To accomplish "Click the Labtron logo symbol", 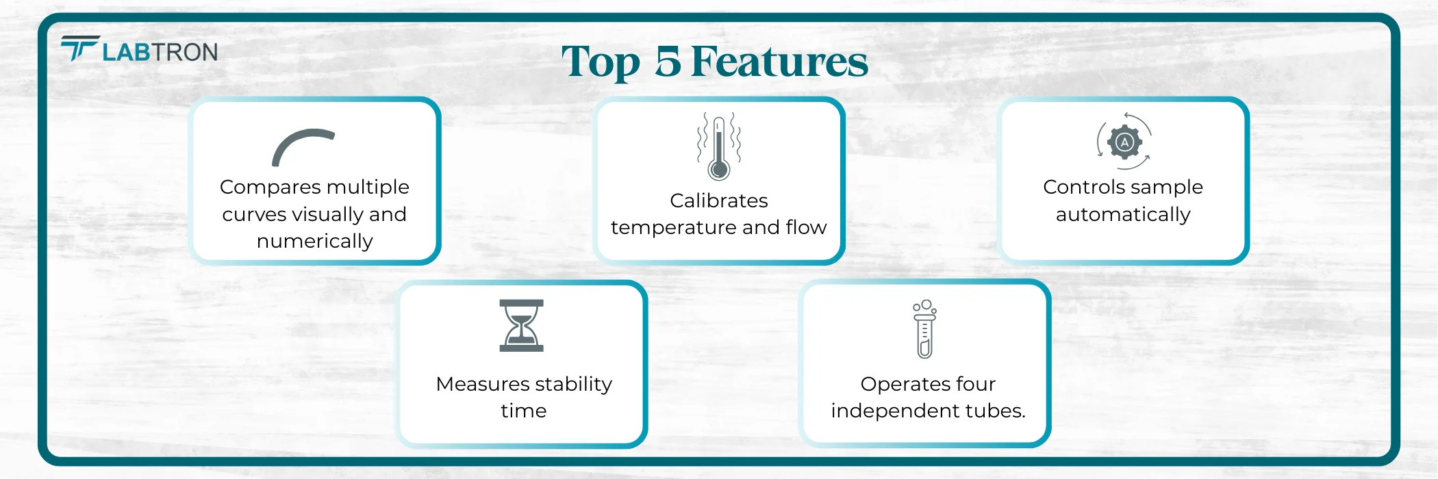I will point(80,48).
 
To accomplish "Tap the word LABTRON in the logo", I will point(160,52).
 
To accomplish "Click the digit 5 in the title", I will point(668,62).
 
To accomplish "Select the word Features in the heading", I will point(779,62).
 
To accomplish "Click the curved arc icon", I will point(303,146).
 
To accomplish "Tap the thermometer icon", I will point(718,146).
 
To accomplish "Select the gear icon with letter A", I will point(1124,142).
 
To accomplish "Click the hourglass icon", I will point(521,326).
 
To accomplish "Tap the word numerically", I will point(314,241).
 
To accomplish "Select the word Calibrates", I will point(718,200).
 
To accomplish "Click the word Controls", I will point(1078,187).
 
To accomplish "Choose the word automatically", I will point(1123,214).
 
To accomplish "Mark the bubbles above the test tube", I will point(924,306).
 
